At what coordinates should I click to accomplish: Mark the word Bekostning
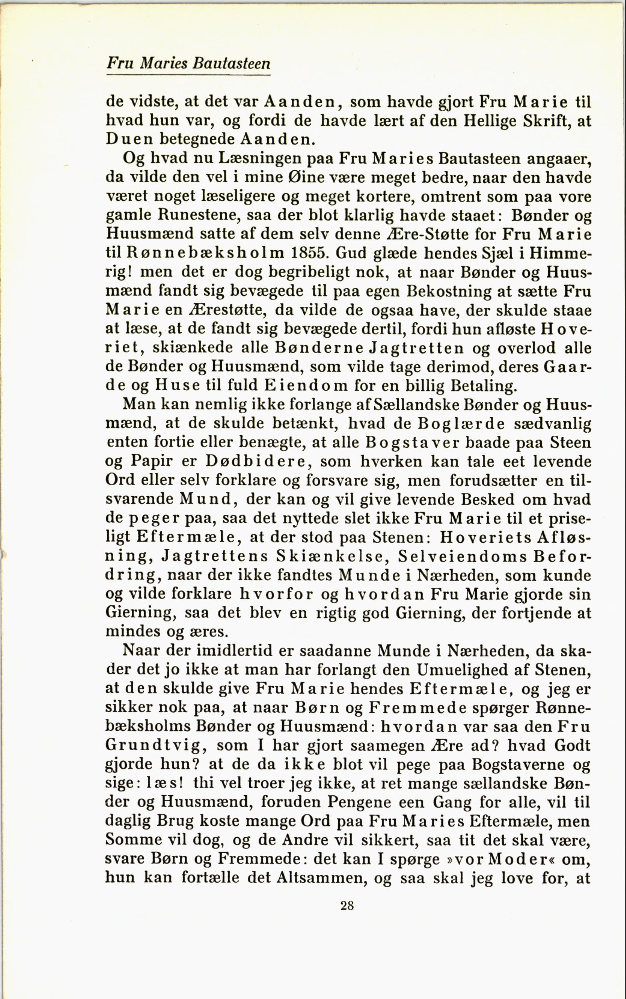pos(448,291)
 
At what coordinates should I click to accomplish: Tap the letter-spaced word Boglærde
pos(461,424)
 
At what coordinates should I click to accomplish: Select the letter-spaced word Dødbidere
pos(257,461)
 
